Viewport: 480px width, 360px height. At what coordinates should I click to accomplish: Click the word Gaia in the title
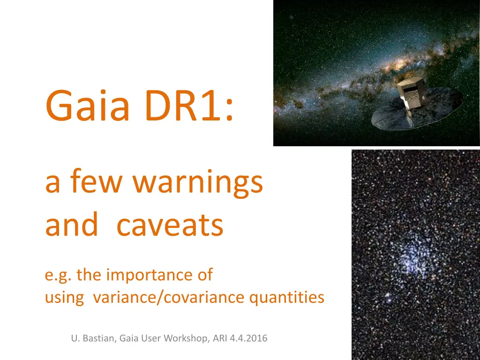tap(88, 105)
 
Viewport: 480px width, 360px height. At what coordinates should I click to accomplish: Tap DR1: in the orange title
tap(189, 105)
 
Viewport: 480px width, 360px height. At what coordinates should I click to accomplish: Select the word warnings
tap(197, 182)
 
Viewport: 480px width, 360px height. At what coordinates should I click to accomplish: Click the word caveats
tap(170, 225)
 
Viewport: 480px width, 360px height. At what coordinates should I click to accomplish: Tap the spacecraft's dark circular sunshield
tap(417, 110)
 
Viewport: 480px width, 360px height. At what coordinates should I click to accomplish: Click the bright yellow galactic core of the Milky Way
tap(398, 64)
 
